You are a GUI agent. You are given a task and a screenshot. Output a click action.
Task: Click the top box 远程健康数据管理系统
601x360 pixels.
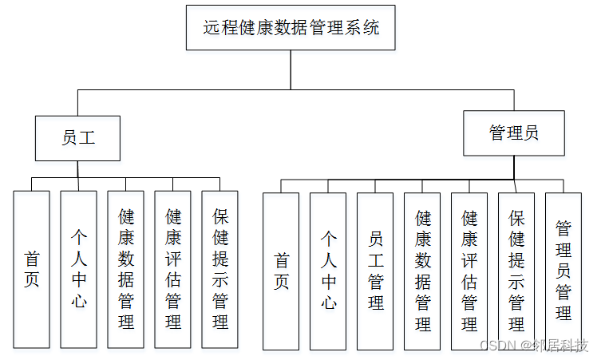coord(291,28)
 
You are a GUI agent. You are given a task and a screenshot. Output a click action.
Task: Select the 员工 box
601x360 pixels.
coord(77,138)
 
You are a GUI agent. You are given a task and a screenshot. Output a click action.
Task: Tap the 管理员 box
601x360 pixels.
coord(514,133)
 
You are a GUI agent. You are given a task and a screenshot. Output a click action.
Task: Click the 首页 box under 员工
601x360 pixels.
coord(31,269)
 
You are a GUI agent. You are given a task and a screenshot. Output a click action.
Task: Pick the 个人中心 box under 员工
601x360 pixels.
coord(78,269)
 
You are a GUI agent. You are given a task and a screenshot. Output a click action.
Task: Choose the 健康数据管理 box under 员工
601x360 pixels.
coord(125,269)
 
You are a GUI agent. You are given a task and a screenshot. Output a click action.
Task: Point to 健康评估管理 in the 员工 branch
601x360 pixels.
coord(172,269)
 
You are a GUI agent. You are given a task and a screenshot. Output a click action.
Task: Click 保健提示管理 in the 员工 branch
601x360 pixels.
coord(219,269)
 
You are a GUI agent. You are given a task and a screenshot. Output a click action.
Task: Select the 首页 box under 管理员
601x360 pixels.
coord(281,271)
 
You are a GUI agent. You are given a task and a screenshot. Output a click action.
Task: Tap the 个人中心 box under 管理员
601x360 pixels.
coord(328,271)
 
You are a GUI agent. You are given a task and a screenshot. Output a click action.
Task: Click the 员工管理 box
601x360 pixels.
coord(375,271)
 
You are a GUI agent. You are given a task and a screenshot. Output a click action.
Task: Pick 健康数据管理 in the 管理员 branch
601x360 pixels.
coord(422,271)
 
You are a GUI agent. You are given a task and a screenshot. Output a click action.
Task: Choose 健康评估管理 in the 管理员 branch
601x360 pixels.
coord(469,271)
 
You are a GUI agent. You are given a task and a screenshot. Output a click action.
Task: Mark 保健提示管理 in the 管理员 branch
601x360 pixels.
coord(516,271)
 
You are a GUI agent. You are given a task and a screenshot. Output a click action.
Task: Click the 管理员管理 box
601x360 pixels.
coord(563,271)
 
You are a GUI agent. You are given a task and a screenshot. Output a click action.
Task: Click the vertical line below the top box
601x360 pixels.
coord(291,70)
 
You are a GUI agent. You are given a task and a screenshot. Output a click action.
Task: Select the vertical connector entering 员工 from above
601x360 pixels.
coord(77,103)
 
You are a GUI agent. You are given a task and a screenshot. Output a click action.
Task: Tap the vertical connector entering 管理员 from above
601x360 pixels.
coord(514,100)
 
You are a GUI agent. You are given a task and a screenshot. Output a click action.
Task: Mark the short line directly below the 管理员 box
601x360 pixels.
coord(514,167)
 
